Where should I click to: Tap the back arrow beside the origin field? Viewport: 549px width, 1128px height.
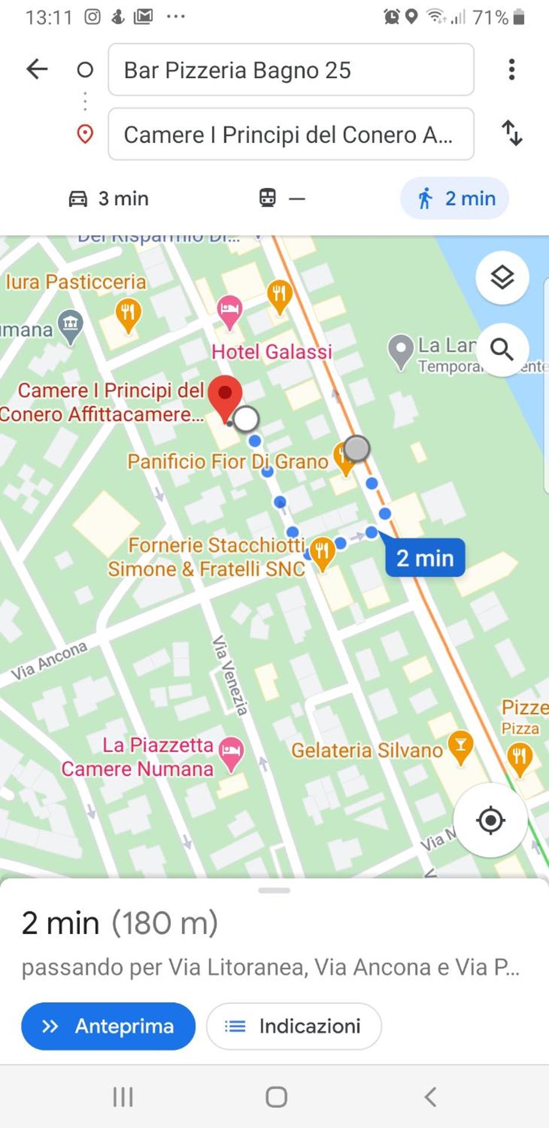[x=37, y=69]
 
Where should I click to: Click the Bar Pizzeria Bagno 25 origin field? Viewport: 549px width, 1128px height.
[x=290, y=70]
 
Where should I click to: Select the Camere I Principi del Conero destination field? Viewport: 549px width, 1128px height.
[x=290, y=135]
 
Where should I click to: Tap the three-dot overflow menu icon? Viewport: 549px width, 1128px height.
[x=512, y=69]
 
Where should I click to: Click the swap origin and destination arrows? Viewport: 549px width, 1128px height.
[x=512, y=133]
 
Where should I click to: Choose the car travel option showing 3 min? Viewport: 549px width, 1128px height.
[x=109, y=199]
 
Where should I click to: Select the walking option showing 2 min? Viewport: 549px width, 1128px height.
[x=455, y=199]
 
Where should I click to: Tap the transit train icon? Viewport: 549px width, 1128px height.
[x=268, y=198]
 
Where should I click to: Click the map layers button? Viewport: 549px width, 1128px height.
[x=502, y=277]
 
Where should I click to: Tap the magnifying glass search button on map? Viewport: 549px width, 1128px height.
[x=502, y=350]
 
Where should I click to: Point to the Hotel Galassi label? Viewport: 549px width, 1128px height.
[x=272, y=352]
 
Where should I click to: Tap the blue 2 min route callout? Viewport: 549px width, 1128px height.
[x=425, y=558]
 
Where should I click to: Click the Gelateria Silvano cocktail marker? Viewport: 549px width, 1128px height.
[x=460, y=746]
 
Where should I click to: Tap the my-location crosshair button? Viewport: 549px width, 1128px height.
[x=490, y=820]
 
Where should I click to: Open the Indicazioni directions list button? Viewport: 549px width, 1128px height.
[x=294, y=1026]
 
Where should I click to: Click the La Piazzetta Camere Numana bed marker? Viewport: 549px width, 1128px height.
[x=231, y=752]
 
